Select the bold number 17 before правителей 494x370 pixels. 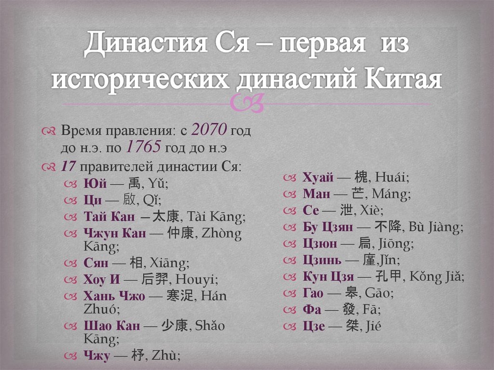point(68,166)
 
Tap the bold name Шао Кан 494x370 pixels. point(111,325)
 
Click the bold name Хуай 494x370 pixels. point(318,178)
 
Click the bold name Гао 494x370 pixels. point(314,292)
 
